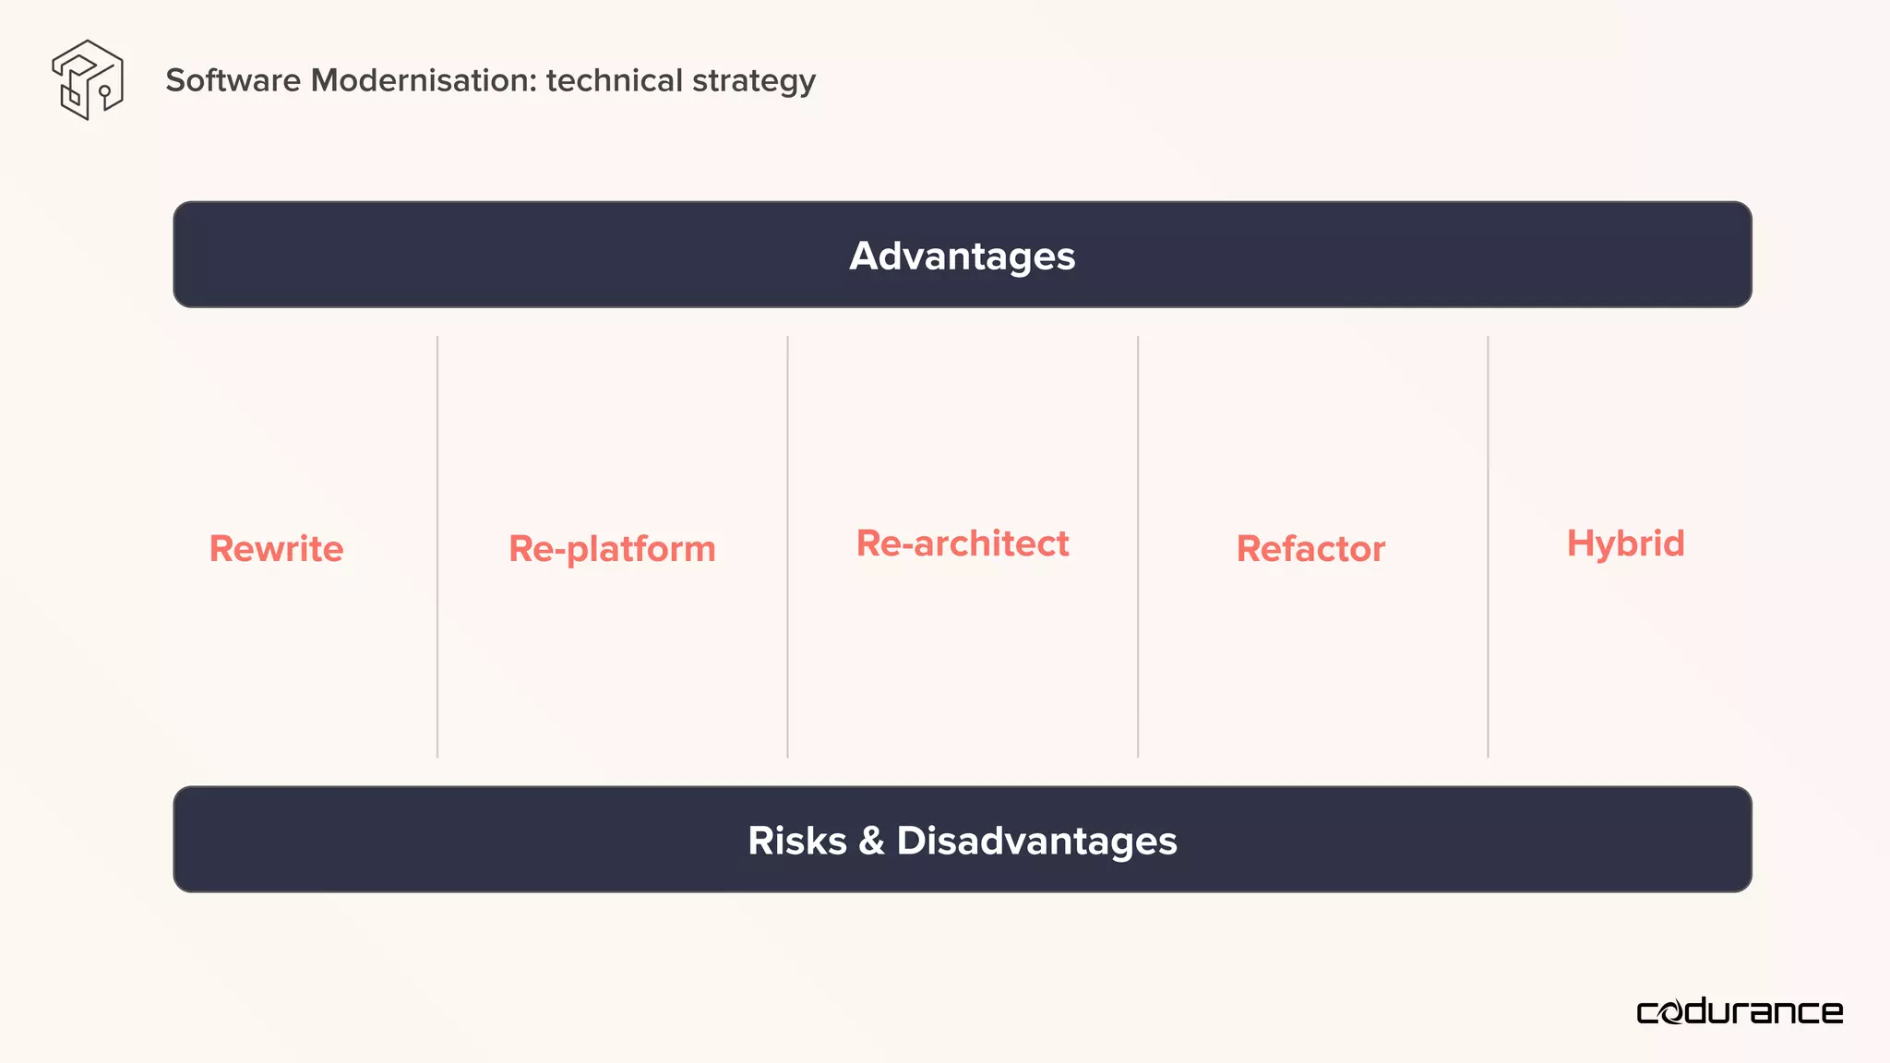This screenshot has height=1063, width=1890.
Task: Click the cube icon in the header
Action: [x=88, y=79]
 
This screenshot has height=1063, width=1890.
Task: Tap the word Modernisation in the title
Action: [x=423, y=80]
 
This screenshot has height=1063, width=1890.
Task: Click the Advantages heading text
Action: [x=962, y=256]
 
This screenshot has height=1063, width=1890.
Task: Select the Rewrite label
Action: [x=276, y=549]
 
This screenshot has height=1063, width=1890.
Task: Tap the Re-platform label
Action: [x=612, y=549]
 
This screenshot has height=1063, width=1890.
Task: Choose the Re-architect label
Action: [x=963, y=543]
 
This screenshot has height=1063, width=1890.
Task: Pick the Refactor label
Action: [x=1310, y=549]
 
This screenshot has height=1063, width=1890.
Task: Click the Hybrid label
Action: [x=1625, y=543]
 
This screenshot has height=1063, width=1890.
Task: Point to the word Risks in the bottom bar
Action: [x=797, y=841]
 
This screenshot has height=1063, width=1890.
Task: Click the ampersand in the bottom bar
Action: [x=871, y=841]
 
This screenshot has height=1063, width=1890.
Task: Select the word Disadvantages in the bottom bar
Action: [x=1036, y=841]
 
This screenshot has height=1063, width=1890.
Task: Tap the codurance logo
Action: [x=1740, y=1012]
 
